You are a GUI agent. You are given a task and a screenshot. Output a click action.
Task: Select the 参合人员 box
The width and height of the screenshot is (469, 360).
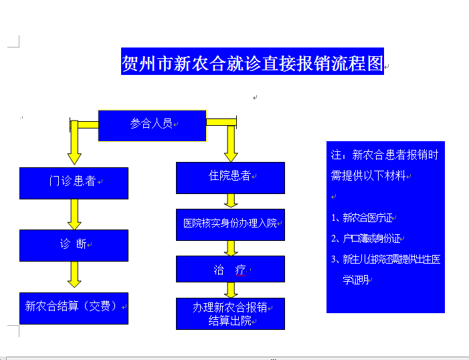pyautogui.click(x=152, y=124)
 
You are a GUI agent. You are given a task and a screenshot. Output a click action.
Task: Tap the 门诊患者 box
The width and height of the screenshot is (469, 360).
pyautogui.click(x=74, y=183)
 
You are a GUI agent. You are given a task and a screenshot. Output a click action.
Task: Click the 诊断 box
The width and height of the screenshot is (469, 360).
pyautogui.click(x=74, y=245)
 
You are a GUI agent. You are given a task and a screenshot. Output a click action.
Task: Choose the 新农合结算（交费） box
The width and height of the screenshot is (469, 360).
pyautogui.click(x=74, y=307)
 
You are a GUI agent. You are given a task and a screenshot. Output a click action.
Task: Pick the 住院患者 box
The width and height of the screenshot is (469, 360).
pyautogui.click(x=230, y=177)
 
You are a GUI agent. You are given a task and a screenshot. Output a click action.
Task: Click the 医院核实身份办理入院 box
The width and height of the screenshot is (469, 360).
pyautogui.click(x=230, y=223)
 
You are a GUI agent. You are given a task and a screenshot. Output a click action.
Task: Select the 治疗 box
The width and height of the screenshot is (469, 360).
pyautogui.click(x=230, y=269)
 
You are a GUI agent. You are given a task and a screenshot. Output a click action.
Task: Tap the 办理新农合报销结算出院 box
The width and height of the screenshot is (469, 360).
pyautogui.click(x=230, y=314)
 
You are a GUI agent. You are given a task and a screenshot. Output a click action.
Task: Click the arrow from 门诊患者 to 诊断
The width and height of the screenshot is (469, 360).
pyautogui.click(x=74, y=214)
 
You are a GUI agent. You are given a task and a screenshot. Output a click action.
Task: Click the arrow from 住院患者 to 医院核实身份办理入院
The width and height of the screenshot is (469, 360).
pyautogui.click(x=231, y=201)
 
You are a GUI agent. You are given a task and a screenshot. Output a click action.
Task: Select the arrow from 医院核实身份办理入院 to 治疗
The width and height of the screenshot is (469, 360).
pyautogui.click(x=231, y=248)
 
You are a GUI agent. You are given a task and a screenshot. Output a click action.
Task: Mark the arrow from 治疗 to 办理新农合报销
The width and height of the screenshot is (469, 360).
pyautogui.click(x=231, y=290)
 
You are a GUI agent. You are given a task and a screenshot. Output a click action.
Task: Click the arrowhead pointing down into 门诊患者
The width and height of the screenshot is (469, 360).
pyautogui.click(x=74, y=157)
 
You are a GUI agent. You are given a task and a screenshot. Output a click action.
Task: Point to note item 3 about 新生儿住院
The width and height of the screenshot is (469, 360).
pyautogui.click(x=385, y=259)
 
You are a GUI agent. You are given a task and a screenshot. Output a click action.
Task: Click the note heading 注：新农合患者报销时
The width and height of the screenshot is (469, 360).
pyautogui.click(x=385, y=155)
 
